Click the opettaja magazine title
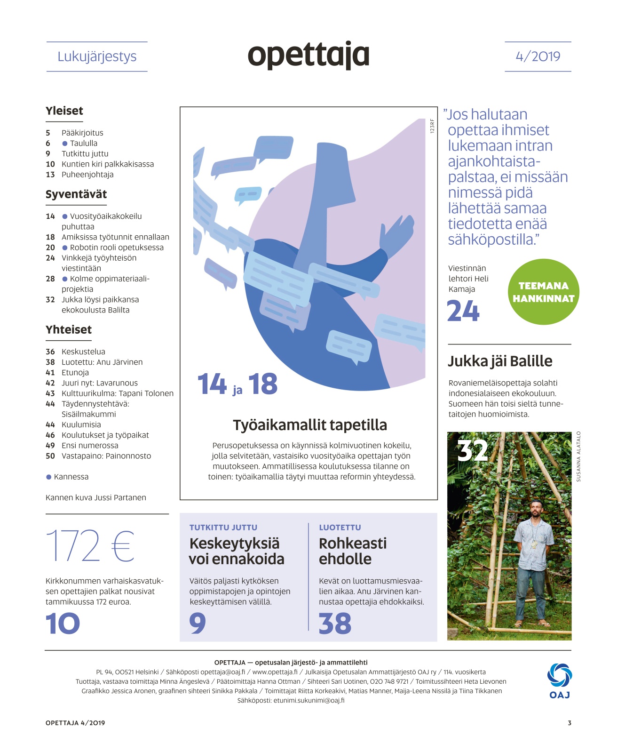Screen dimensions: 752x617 tap(308, 56)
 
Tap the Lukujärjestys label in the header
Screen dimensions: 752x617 tap(97, 56)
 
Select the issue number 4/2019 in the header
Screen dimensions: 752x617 tap(538, 56)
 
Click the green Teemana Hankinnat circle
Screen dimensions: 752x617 tap(544, 292)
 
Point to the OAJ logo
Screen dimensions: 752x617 tap(559, 680)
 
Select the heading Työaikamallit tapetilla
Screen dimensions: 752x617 tap(310, 425)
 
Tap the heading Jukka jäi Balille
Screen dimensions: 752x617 tap(500, 361)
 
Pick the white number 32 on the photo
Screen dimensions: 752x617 tap(472, 450)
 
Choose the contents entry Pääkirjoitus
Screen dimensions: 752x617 tap(82, 133)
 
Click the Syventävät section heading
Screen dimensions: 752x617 tap(76, 194)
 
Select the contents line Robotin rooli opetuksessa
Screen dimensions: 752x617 tap(117, 248)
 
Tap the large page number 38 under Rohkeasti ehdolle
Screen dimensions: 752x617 tap(335, 624)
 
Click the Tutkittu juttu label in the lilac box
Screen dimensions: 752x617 tap(223, 528)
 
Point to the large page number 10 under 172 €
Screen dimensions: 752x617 tap(63, 624)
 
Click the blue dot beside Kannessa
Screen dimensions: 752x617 tap(48, 477)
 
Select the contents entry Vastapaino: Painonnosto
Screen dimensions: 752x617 tap(106, 456)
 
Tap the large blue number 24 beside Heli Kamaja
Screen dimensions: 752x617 tap(463, 311)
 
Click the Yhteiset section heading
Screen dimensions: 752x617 tap(69, 330)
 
